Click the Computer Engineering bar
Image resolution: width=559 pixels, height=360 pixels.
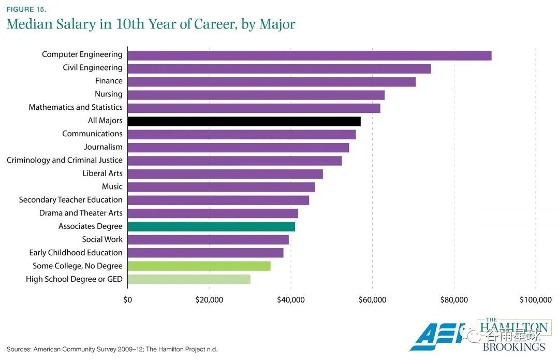coord(309,55)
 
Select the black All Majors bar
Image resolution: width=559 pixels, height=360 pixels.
coord(244,121)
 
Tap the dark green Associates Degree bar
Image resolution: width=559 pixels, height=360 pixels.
coord(211,226)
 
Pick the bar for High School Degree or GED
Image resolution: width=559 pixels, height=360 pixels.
coord(189,279)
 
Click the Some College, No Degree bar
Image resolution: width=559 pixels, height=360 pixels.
coord(199,266)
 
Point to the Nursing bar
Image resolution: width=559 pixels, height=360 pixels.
coord(256,95)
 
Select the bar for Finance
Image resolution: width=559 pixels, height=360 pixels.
coord(271,82)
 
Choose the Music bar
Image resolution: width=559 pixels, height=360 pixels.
coord(221,187)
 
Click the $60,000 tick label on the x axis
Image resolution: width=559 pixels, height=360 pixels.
coord(372,300)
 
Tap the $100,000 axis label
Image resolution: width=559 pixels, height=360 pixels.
coord(535,300)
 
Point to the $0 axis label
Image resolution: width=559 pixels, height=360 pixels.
coord(127,300)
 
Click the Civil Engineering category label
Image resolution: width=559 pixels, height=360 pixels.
coord(93,68)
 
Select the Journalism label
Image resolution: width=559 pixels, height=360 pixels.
coord(103,147)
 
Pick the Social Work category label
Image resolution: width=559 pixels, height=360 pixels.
coord(102,239)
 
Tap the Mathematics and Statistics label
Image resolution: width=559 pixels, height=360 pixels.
coord(76,107)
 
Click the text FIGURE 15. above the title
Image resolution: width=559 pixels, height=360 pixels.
coord(26,9)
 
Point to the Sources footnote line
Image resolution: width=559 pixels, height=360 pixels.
coord(112,349)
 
